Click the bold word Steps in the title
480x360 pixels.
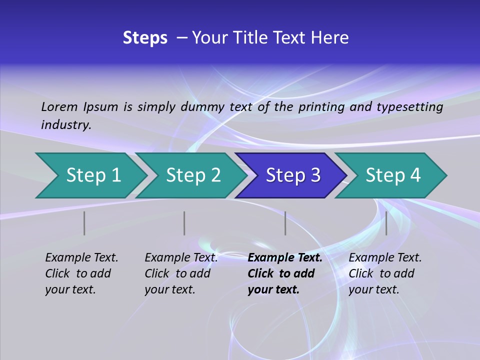[145, 38]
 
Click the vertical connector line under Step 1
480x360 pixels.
[84, 223]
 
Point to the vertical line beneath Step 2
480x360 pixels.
[184, 223]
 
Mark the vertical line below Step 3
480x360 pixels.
[285, 223]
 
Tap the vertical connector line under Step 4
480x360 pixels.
[386, 223]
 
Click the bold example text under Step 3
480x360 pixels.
[284, 273]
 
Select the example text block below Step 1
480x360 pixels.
[81, 273]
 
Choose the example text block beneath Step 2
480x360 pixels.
[181, 273]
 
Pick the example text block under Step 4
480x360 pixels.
[385, 273]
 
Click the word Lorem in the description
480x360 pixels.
[59, 106]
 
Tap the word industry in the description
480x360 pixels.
[66, 125]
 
